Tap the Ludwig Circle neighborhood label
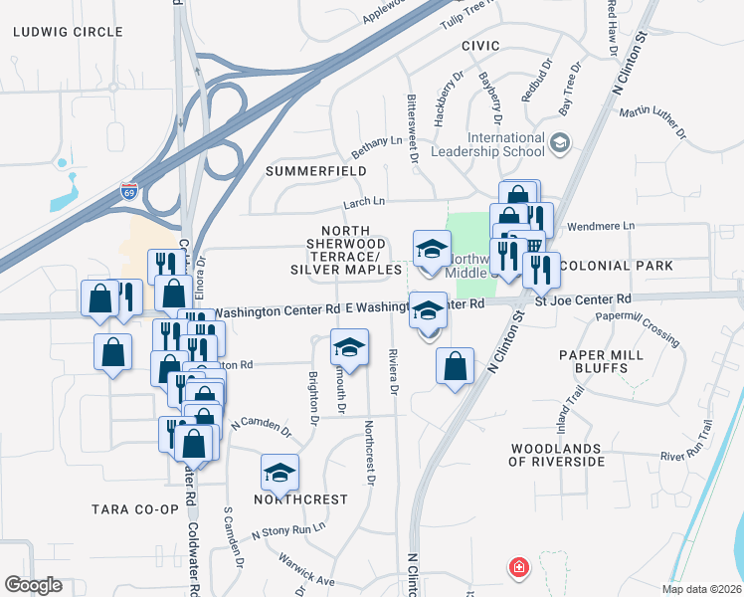coord(68,32)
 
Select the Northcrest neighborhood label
coord(301,498)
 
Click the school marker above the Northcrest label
coord(279,470)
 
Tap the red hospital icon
coord(519,568)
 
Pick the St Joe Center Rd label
coord(583,298)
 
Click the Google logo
coord(34,585)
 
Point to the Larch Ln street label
coord(363,203)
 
